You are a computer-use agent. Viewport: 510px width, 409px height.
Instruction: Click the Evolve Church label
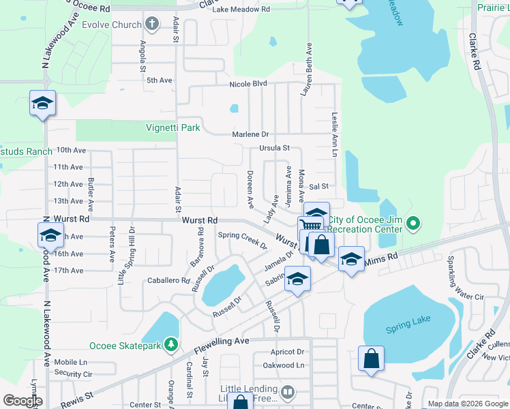112,25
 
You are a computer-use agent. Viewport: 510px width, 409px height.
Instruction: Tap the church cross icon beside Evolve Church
151,25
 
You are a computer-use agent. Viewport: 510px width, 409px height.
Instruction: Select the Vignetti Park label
172,127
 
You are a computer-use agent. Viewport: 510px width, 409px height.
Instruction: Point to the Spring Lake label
408,329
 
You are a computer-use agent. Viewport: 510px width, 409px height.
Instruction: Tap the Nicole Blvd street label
247,84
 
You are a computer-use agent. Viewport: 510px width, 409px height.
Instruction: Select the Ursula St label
274,148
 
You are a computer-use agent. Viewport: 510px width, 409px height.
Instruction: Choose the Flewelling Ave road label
223,340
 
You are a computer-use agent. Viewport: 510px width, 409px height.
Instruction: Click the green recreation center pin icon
412,223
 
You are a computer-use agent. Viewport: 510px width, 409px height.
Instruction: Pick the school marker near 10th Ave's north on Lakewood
42,104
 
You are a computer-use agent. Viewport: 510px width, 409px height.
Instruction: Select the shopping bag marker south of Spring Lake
371,359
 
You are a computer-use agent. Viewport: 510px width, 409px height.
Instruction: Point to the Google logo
22,401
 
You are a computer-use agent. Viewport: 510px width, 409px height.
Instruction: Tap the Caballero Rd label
168,280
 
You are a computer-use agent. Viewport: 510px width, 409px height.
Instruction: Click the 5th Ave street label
159,80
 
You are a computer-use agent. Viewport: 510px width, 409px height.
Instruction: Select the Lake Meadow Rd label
241,10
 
